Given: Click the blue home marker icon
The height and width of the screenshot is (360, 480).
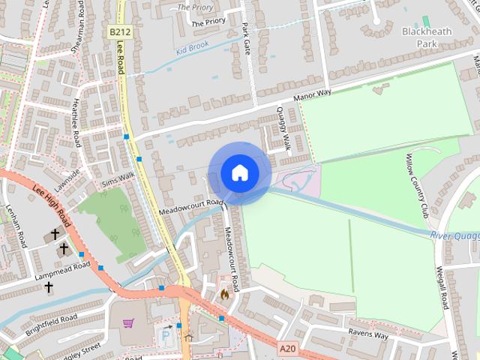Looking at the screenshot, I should [239, 172].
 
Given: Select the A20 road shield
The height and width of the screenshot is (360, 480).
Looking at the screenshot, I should [286, 349].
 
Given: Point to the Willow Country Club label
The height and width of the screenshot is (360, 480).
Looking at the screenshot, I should [417, 183].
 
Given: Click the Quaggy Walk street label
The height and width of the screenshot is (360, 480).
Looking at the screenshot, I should [283, 127].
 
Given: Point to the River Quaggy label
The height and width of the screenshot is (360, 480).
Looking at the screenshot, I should [455, 235].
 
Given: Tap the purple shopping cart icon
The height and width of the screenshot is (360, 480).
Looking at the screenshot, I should [128, 324].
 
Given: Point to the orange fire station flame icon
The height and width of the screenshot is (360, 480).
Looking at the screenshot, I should [223, 295].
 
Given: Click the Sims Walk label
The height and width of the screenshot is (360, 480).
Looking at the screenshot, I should [118, 178].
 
